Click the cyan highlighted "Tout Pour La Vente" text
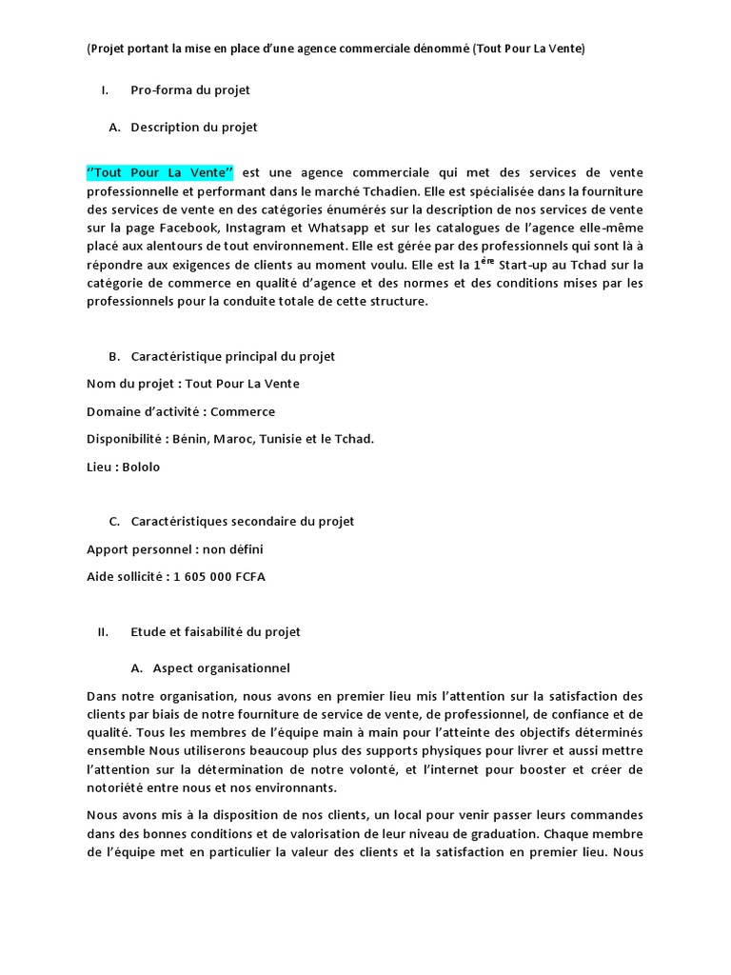click(x=160, y=172)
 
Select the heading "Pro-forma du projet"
click(x=190, y=90)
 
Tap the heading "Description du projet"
click(x=194, y=127)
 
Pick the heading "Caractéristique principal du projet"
click(x=232, y=356)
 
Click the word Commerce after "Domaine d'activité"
click(x=243, y=411)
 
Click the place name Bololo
click(x=142, y=467)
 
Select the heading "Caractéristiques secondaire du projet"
click(x=243, y=521)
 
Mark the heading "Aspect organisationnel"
click(x=222, y=667)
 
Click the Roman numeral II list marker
click(x=104, y=631)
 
